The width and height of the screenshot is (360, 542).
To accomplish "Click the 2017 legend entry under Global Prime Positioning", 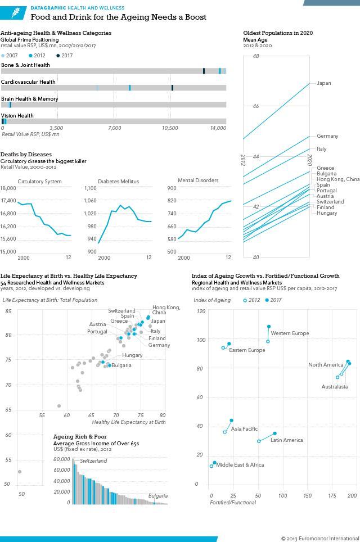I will point(65,56).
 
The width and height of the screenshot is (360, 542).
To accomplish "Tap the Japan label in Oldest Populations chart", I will point(323,83).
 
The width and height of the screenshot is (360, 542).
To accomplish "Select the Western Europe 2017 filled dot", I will point(269,327).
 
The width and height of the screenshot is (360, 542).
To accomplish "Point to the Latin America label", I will point(287,440).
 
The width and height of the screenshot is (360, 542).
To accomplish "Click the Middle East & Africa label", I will point(240,465).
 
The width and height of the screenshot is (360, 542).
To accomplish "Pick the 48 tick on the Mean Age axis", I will point(256,56).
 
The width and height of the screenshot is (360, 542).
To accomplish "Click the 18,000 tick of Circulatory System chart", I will point(8,188).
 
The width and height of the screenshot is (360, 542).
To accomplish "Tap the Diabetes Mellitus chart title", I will point(118,182).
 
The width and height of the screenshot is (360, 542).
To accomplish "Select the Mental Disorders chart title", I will point(198,180).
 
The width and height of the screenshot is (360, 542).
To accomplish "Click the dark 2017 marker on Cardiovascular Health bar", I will point(172,88).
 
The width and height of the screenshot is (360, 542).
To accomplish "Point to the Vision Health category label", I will point(17,116).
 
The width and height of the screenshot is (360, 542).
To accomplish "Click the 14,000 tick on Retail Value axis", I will point(219,128).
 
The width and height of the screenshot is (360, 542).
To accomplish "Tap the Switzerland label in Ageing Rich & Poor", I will point(93,461).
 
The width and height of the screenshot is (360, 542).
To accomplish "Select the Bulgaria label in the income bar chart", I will point(157,496).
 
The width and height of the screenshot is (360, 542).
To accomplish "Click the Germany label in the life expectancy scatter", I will point(159,345).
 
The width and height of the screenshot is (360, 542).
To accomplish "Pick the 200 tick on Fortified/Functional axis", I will point(352,495).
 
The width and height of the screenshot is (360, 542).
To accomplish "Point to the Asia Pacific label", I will point(244,428).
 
